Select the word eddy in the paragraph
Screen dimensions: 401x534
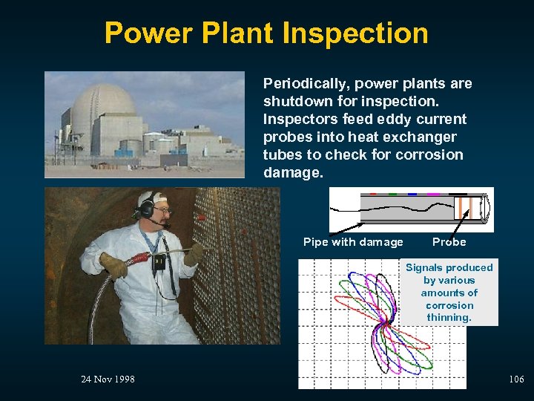coord(392,120)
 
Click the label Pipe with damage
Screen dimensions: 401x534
coord(353,242)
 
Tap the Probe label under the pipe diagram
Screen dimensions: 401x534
coord(449,242)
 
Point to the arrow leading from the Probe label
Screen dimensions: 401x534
coord(459,222)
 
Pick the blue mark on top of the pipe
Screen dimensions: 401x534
coord(412,194)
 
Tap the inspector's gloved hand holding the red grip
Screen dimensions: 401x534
coord(113,265)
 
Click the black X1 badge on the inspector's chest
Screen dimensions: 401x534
coord(159,261)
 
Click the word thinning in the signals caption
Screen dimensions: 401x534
coord(449,318)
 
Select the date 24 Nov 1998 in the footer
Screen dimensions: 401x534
coord(108,379)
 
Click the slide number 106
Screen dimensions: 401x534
coord(516,379)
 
